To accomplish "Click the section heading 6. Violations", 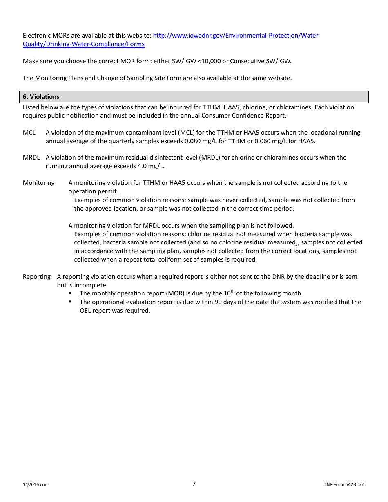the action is click(41, 97).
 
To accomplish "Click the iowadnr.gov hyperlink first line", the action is click(236, 36).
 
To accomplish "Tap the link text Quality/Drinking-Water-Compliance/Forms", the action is click(83, 44).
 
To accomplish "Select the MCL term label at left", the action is click(29, 133).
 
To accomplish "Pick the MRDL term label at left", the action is click(31, 158).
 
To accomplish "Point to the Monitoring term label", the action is click(38, 183).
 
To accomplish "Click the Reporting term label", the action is click(36, 277).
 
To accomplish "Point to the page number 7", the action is click(194, 484).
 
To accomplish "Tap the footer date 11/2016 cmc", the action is click(36, 485).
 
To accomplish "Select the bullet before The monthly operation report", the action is click(70, 293).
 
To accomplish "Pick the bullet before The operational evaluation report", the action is click(70, 302).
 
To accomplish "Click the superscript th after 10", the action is click(233, 291).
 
